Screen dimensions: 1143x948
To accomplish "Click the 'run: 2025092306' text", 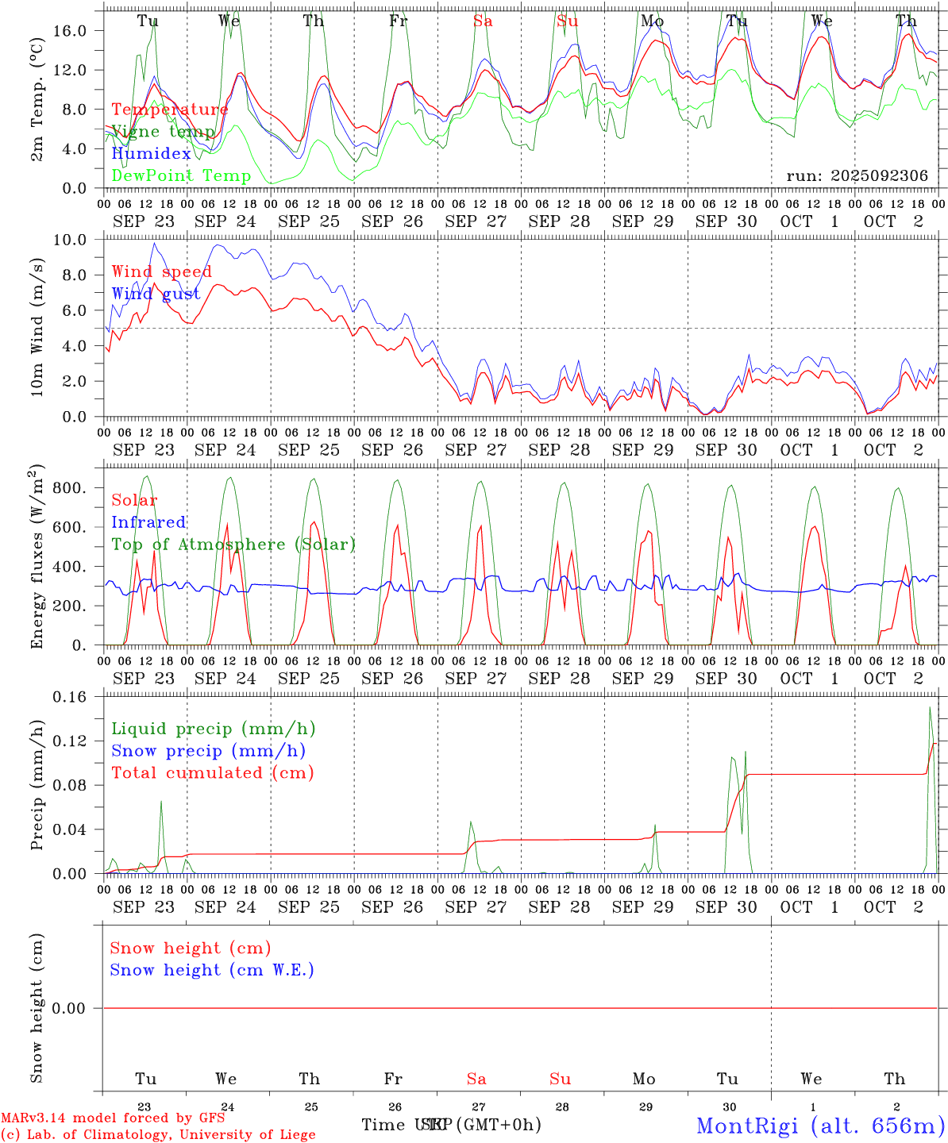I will point(857,175).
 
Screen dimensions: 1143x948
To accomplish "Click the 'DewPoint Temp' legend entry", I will point(181,175).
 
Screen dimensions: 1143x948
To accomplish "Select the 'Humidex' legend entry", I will point(151,153).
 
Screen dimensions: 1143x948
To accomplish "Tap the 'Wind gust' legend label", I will point(156,294).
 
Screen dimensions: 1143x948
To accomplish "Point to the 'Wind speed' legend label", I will point(161,271).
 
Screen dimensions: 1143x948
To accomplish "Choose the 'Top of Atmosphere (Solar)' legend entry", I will point(233,545).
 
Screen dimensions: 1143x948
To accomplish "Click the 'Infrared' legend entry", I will point(148,522).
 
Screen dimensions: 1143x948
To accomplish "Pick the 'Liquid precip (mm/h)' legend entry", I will point(213,729).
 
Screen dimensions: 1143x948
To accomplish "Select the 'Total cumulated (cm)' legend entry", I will point(212,773).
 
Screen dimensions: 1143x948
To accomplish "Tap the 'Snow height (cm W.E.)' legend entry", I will point(211,970).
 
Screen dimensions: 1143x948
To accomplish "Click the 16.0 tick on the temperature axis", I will point(70,30).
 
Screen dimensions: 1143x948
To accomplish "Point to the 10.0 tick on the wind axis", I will point(70,240).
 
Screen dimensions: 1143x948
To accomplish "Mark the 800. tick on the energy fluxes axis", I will point(68,487).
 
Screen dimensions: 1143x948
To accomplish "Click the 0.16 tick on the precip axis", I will point(70,697).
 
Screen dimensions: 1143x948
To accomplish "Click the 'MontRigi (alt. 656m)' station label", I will point(820,1125).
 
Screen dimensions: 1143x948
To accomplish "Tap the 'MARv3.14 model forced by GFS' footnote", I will point(113,1118).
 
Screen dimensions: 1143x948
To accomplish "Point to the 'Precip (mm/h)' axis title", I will point(37,785).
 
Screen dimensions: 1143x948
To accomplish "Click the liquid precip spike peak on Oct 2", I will point(930,707).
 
